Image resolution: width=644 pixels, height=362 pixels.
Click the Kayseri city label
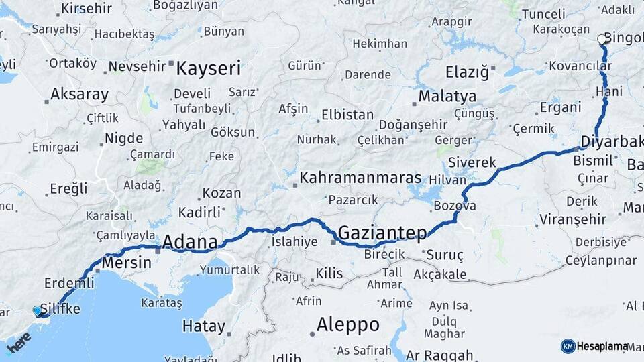pos(208,68)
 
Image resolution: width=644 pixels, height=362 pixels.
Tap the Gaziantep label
pos(382,233)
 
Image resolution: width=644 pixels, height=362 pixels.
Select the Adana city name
pos(190,241)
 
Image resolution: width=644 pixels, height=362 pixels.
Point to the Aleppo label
pos(347,325)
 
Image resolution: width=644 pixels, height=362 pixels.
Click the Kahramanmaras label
pos(360,178)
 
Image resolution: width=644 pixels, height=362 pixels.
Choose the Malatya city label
pos(447,96)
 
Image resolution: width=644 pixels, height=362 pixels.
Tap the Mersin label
pos(126,263)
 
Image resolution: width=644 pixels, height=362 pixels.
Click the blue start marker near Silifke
pos(38,310)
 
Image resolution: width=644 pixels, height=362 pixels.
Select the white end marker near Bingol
pos(602,40)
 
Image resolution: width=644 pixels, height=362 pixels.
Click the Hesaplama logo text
pos(602,346)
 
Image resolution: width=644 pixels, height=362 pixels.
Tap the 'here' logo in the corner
pos(19,342)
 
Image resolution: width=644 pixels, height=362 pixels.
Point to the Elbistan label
pos(347,115)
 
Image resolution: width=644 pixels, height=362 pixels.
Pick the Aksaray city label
pos(79,94)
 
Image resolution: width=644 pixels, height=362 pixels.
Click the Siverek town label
pos(472,162)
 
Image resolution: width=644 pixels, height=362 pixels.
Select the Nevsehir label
pos(136,66)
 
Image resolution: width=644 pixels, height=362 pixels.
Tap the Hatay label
pos(203,327)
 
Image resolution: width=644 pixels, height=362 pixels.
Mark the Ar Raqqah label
pos(441,355)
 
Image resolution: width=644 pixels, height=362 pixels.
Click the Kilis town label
pos(329,274)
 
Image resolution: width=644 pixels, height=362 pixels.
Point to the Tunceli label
pos(544,13)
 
